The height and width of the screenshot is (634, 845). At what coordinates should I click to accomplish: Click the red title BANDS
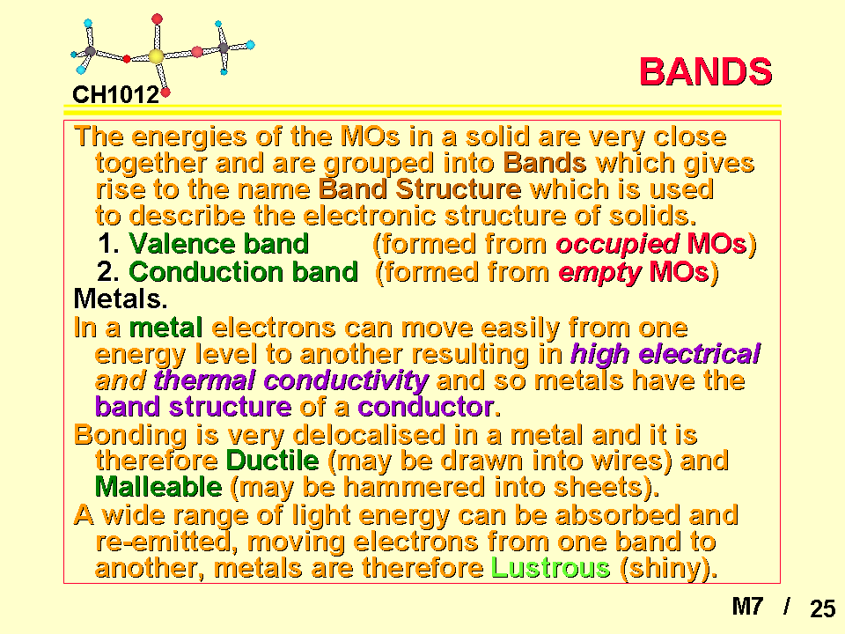click(705, 71)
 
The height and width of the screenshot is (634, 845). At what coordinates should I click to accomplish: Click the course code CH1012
click(116, 95)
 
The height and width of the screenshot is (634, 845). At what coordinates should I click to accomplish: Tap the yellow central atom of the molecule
click(156, 56)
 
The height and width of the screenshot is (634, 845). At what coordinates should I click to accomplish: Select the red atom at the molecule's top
click(157, 19)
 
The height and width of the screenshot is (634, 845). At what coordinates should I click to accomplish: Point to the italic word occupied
click(617, 244)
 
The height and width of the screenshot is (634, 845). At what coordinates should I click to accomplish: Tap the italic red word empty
click(599, 272)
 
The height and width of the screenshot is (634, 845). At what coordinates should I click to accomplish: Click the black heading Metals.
click(121, 299)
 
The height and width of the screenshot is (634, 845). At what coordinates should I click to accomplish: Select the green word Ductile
click(273, 461)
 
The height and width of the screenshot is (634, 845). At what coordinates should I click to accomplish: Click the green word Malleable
click(158, 487)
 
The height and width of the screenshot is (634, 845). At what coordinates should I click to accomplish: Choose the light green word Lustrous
click(550, 568)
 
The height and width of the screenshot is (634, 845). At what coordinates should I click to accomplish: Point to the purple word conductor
click(426, 407)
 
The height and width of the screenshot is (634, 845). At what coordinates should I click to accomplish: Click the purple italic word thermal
click(204, 380)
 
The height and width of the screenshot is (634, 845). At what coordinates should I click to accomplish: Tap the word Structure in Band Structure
click(458, 189)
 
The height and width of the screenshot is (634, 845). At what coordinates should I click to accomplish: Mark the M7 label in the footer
click(747, 607)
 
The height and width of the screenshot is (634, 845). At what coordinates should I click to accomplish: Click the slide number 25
click(822, 608)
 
